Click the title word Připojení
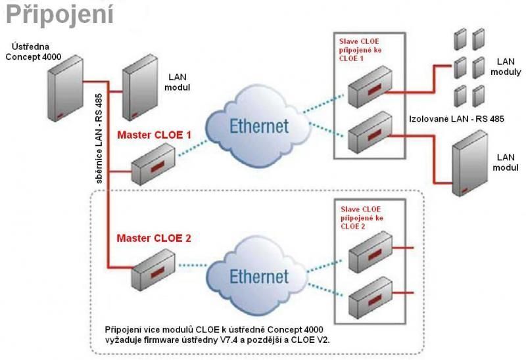point(58,14)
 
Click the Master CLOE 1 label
point(154,136)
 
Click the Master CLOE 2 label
point(154,237)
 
